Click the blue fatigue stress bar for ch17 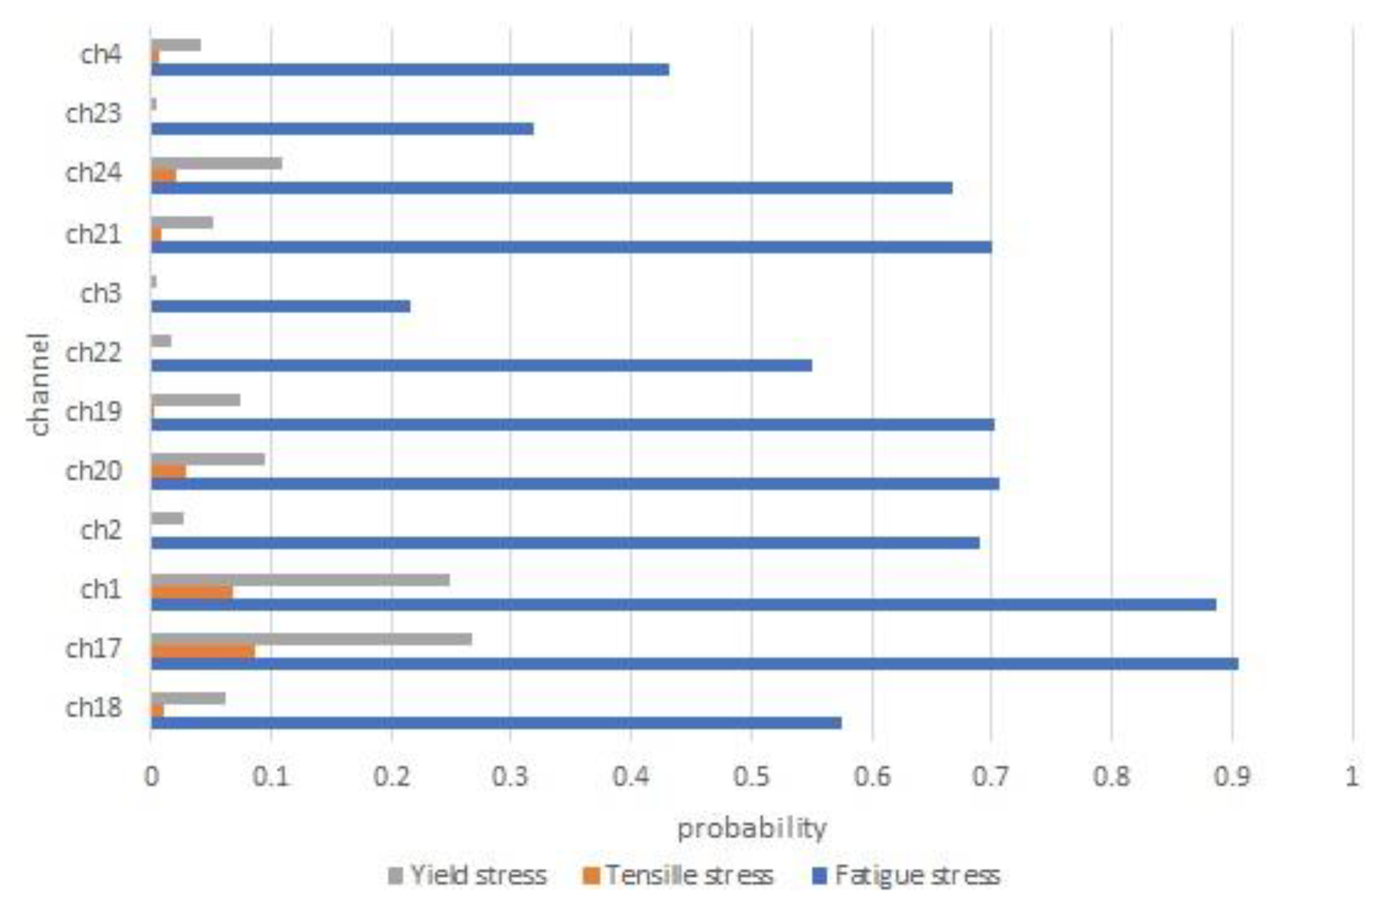(x=694, y=663)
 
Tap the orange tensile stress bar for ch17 (x=202, y=651)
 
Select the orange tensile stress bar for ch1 (x=191, y=592)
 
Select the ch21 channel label (x=94, y=234)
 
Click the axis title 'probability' (x=752, y=829)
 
